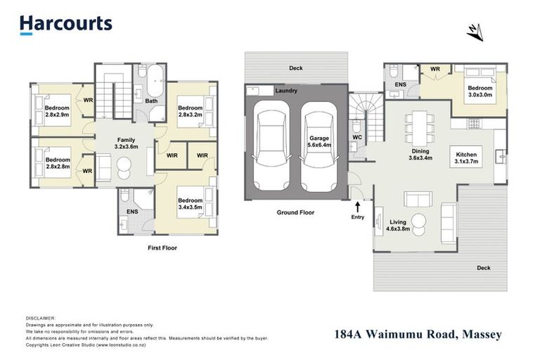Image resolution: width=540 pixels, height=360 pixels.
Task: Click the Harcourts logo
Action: click(65, 24)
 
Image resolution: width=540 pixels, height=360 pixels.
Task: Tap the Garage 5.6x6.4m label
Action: click(319, 143)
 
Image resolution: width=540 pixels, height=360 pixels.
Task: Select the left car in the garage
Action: click(271, 146)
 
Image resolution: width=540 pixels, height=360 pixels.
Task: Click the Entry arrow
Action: click(359, 206)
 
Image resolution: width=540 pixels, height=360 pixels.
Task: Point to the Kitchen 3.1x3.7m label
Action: click(467, 158)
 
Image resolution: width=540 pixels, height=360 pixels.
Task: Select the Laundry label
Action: click(286, 91)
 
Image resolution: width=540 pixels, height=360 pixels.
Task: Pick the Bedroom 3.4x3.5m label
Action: click(190, 204)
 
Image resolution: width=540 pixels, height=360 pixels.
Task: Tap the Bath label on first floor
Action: click(151, 101)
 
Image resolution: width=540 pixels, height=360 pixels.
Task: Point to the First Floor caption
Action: click(162, 247)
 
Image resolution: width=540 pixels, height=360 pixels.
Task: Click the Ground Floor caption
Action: click(295, 212)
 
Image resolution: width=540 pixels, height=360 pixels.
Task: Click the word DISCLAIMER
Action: click(40, 319)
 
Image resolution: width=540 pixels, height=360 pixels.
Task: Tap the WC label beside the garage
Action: click(356, 137)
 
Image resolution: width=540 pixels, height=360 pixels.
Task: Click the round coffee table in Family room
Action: click(124, 167)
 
